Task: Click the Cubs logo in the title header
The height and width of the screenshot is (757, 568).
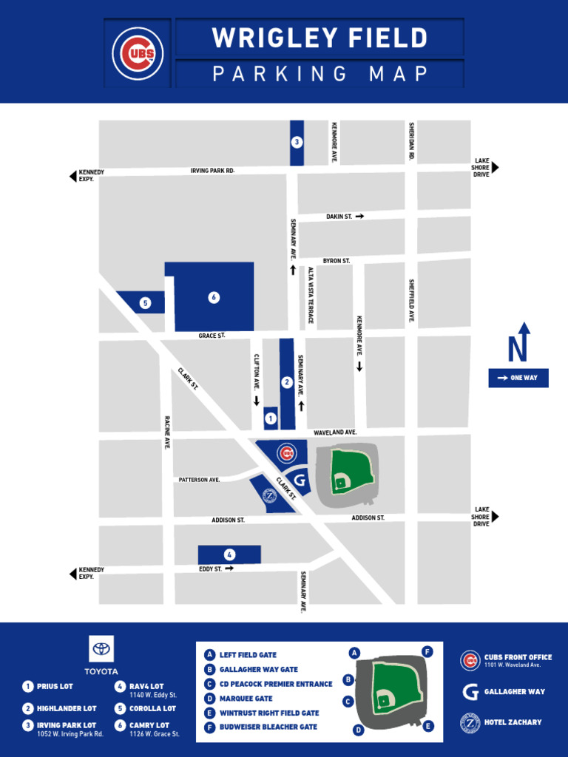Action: point(138,53)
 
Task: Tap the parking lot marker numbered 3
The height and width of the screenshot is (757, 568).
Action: point(297,142)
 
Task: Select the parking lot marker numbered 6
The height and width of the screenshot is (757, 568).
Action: point(214,297)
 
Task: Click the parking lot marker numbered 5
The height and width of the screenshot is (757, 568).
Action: point(145,302)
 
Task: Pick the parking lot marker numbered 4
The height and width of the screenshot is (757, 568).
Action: point(230,554)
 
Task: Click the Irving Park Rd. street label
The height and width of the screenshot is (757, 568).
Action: point(212,171)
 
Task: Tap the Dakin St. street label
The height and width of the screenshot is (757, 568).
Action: point(339,217)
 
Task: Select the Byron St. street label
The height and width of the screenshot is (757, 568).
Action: point(336,261)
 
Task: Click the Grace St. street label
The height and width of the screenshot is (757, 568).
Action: point(211,336)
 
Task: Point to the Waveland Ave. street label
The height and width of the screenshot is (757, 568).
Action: point(335,432)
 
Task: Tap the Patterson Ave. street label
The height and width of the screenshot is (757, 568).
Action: point(199,480)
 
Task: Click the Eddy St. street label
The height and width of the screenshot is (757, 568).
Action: point(210,569)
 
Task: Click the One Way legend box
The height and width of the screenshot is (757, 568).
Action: point(518,378)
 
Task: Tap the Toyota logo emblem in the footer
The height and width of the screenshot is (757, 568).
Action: point(101,650)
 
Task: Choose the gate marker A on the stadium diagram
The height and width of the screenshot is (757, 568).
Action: point(355,653)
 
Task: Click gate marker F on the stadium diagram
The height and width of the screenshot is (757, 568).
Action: point(427,651)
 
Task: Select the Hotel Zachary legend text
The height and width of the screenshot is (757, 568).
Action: point(513,722)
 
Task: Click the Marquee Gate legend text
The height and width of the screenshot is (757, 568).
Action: point(246,699)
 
